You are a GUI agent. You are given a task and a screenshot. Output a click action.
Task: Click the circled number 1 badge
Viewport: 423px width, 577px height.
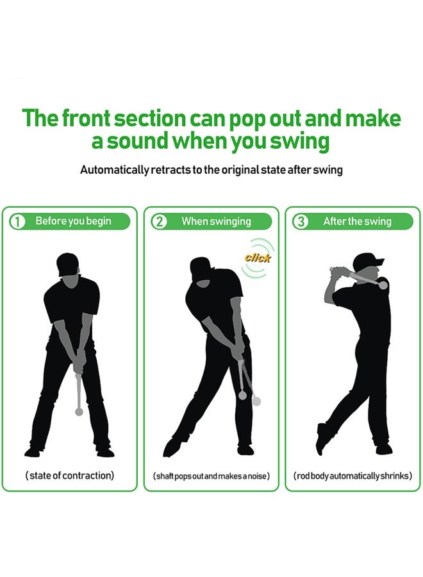tap(17, 222)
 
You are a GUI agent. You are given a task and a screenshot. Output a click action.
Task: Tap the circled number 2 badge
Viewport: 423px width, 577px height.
tap(159, 222)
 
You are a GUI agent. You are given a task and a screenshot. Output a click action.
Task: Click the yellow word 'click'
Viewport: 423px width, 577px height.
tap(258, 258)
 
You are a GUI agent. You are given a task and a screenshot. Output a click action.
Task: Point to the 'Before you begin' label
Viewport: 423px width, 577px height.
tap(73, 221)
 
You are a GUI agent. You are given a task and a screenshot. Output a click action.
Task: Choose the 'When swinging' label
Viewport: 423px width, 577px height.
tap(216, 221)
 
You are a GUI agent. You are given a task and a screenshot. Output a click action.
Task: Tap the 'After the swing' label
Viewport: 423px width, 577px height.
tap(357, 221)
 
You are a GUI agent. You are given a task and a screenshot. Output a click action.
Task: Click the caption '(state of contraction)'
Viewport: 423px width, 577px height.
tap(70, 476)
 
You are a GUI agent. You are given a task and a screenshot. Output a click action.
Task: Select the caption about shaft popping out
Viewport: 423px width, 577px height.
tap(211, 476)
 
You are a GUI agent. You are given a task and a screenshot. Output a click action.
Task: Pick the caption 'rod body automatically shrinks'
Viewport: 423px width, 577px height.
tap(352, 476)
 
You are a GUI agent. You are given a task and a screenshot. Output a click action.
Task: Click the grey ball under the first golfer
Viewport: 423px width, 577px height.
tap(79, 412)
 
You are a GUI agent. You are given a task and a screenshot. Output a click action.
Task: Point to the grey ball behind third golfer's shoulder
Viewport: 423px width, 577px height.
tap(383, 286)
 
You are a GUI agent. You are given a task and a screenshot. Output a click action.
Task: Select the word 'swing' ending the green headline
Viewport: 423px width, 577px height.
tap(304, 141)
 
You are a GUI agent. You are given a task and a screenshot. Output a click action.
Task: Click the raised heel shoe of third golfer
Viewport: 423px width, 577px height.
tap(320, 439)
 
